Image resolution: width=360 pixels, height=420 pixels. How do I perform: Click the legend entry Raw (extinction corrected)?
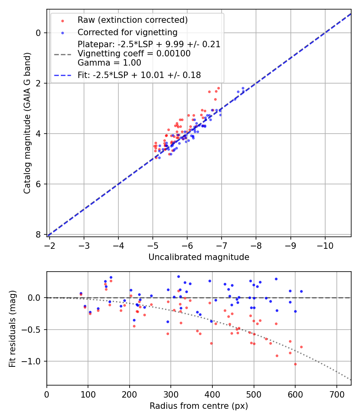[132, 20]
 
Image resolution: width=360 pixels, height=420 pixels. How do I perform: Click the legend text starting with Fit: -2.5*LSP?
[139, 75]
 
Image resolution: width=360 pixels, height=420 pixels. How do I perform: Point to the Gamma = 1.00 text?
[109, 62]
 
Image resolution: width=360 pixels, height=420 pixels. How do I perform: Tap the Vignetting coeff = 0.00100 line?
[134, 54]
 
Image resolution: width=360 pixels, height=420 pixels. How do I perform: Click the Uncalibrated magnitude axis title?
[199, 257]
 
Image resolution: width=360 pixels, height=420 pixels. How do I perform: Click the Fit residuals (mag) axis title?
[12, 328]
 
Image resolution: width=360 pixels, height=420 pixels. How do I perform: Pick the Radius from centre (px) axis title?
[199, 406]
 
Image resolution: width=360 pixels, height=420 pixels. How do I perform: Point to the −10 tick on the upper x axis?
[325, 245]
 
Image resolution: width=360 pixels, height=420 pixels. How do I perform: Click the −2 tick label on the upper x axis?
[49, 245]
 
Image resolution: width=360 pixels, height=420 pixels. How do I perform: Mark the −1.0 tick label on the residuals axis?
[33, 361]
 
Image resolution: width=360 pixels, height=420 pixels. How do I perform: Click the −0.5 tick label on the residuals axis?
[33, 330]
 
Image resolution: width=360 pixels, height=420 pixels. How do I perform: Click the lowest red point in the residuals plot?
[295, 364]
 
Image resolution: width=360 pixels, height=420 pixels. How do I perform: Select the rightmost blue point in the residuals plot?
[301, 291]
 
